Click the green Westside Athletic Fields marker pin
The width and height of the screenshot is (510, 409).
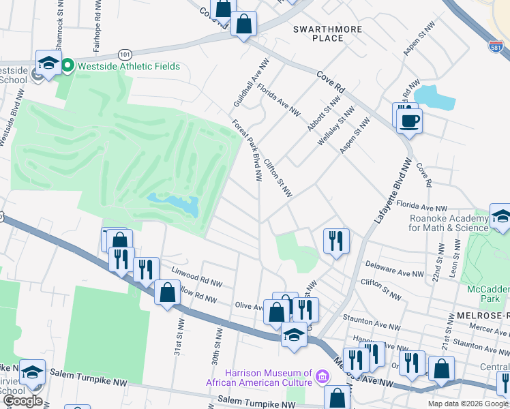point(67,65)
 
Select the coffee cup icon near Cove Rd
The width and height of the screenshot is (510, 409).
point(410,121)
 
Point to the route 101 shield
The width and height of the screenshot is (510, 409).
point(124,53)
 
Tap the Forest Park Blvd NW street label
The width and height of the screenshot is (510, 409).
point(247,151)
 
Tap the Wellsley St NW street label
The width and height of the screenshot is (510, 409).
point(337,124)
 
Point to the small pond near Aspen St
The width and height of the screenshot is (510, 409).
point(434,98)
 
